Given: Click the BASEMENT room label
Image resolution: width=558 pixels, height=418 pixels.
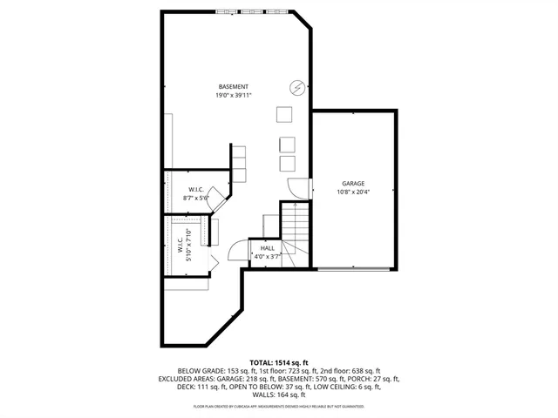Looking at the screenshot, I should click(x=234, y=86).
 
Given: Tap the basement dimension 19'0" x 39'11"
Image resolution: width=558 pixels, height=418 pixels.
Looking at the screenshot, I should click(x=234, y=95).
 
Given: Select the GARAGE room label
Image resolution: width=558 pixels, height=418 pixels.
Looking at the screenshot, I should click(x=352, y=183).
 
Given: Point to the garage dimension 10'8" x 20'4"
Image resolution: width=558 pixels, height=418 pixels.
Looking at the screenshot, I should click(x=352, y=192).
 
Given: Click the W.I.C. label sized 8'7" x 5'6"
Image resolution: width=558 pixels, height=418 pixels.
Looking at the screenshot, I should click(x=196, y=189).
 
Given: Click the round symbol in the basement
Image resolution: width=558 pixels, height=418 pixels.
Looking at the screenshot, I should click(x=296, y=87).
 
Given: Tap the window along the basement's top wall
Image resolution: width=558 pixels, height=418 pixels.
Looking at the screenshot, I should click(x=253, y=11).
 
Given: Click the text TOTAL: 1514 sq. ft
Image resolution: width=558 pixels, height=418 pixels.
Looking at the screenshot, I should click(x=278, y=361).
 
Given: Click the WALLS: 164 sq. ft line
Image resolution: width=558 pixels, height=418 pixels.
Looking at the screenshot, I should click(x=278, y=396).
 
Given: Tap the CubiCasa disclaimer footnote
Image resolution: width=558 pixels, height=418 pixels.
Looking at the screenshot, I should click(x=278, y=407).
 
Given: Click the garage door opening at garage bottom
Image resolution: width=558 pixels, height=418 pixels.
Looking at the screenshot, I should click(x=353, y=268).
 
